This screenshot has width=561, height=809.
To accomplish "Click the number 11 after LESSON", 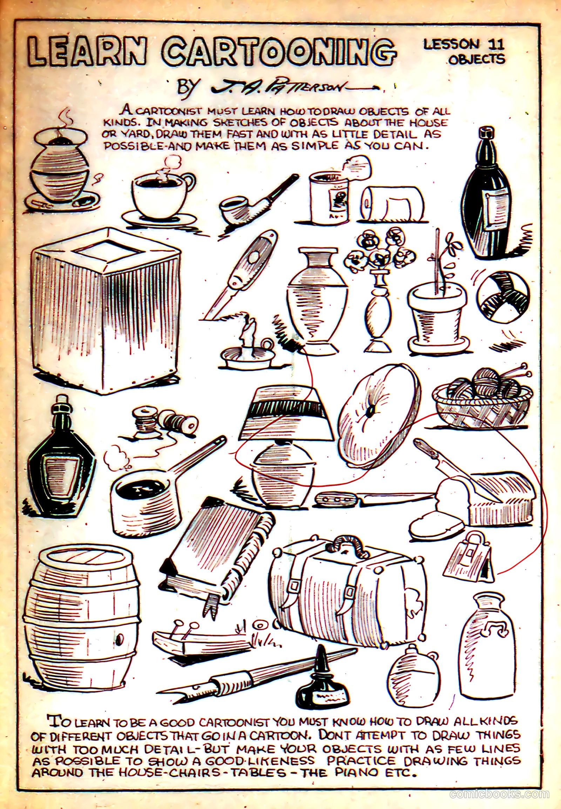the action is coord(496,45).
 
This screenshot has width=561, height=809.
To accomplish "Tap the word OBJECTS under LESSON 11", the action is coord(476,59).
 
